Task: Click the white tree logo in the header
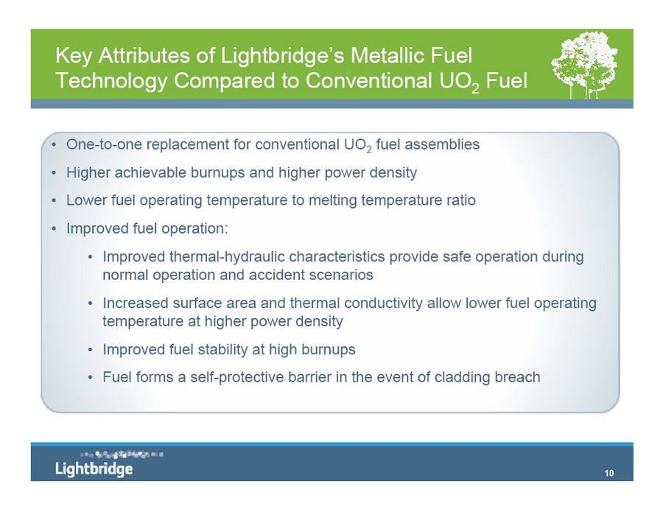tap(584, 66)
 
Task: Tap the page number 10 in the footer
tap(609, 473)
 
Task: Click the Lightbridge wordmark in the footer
tap(94, 469)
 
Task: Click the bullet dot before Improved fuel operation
tap(54, 228)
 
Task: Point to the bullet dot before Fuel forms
tap(90, 377)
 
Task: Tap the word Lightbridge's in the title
tap(282, 56)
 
